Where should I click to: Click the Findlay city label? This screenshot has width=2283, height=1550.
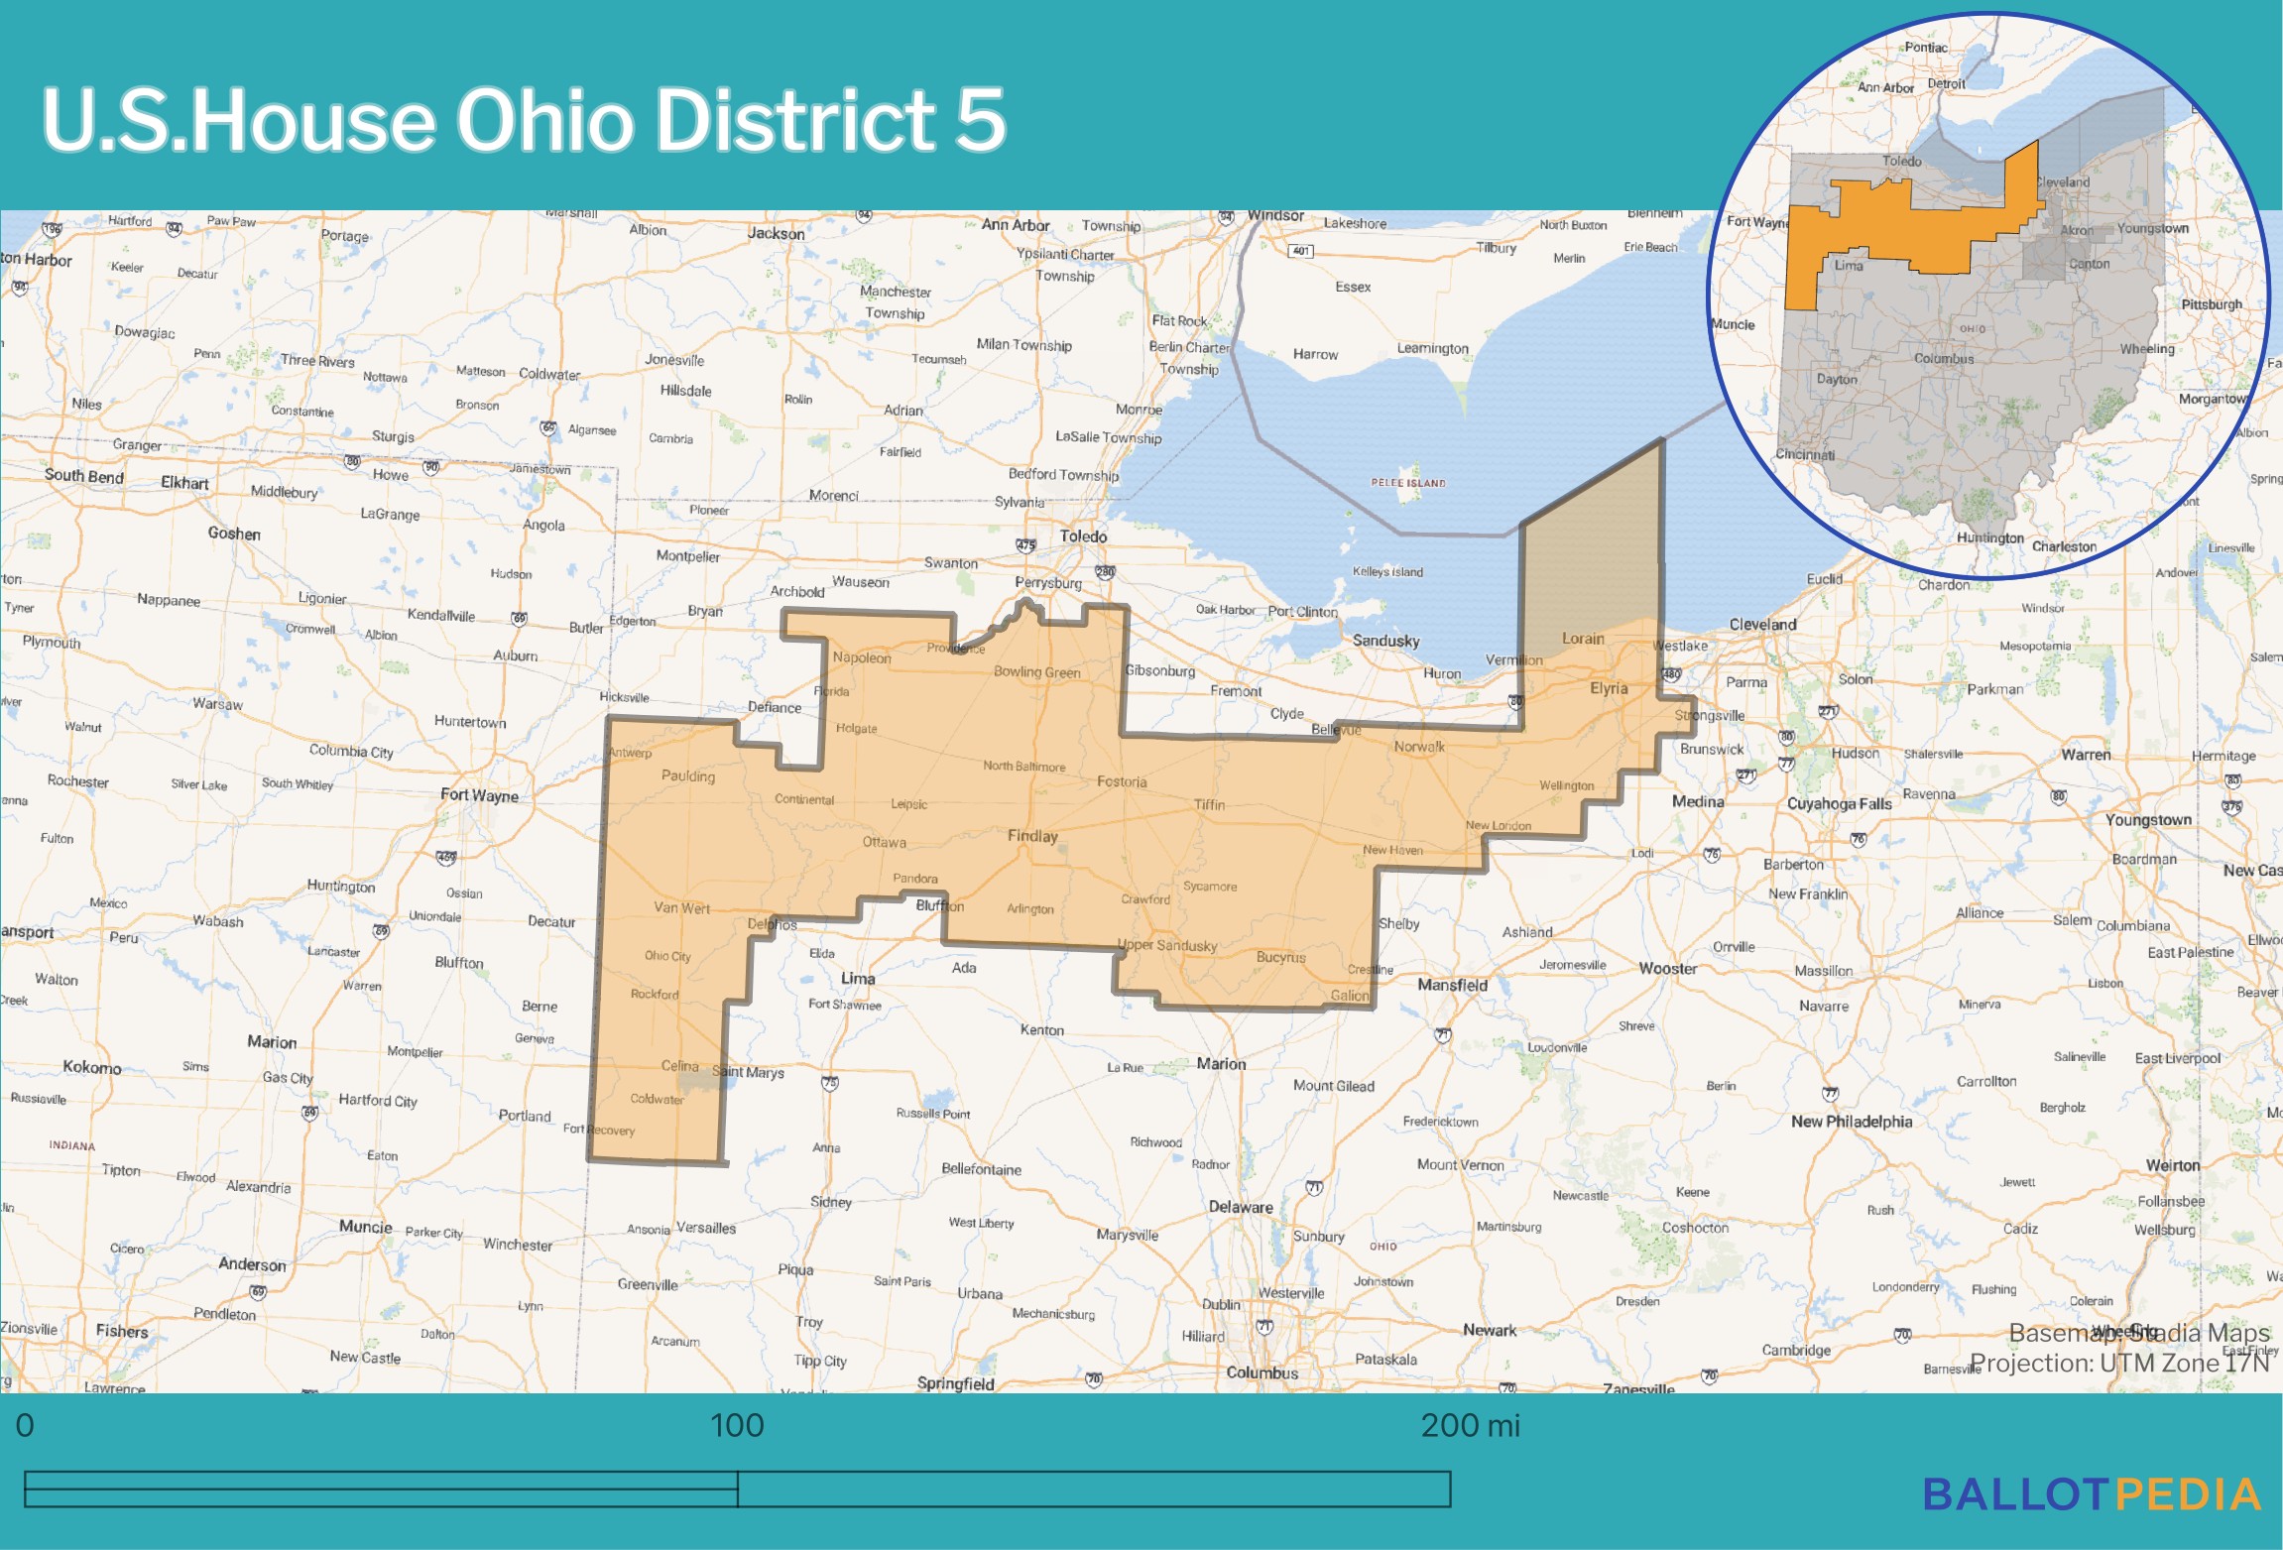point(1032,836)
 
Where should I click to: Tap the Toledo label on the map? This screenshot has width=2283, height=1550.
point(1083,537)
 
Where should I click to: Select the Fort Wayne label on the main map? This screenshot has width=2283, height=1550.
point(479,795)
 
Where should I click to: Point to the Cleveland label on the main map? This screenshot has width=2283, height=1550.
point(1762,625)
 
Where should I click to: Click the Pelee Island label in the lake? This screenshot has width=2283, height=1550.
point(1408,483)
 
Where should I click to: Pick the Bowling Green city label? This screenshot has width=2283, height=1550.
point(1036,672)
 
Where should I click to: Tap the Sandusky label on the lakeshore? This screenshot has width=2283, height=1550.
point(1385,642)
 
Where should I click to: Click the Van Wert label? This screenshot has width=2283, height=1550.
point(681,907)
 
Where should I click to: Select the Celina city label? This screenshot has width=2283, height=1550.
point(679,1066)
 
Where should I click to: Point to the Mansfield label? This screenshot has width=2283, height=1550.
point(1452,985)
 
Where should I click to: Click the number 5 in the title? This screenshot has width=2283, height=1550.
point(980,120)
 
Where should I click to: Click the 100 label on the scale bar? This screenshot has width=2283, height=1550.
point(737,1426)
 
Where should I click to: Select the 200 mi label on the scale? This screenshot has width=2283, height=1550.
point(1470,1426)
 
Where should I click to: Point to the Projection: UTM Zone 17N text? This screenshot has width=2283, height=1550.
point(2119,1364)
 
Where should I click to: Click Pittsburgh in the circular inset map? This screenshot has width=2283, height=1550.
point(2211,304)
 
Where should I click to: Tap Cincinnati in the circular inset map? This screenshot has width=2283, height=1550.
point(1805,455)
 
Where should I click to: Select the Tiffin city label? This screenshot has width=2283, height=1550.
point(1209,804)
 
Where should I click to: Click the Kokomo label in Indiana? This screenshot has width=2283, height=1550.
point(91,1067)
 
